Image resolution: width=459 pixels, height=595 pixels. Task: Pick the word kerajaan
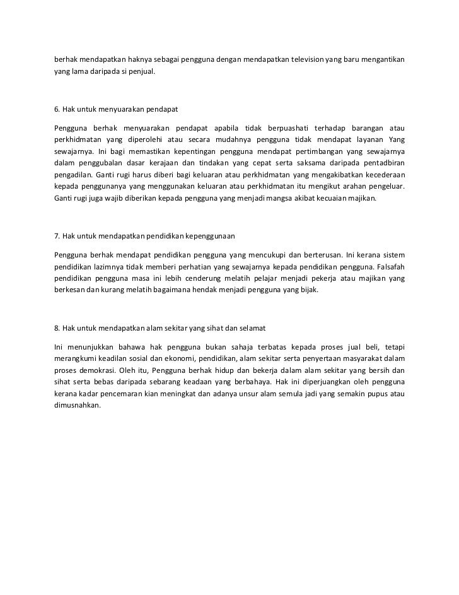pyautogui.click(x=154, y=163)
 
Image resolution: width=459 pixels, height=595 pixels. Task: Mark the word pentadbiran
pyautogui.click(x=378, y=163)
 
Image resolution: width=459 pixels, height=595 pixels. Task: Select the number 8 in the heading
pyautogui.click(x=57, y=328)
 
